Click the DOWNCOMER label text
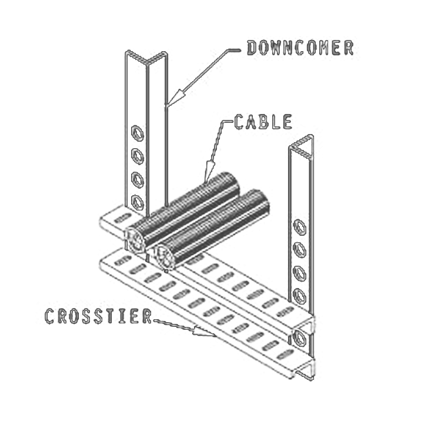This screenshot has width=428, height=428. pos(300,48)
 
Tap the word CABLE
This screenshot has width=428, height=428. pos(263,122)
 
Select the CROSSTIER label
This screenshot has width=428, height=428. pos(98,316)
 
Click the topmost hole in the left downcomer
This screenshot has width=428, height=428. pos(138,133)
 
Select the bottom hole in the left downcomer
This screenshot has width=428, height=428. pos(138,203)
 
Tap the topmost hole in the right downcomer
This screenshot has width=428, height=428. pos(299,227)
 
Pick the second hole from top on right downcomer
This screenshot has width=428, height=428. pos(299,250)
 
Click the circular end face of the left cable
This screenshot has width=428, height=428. pos(135,241)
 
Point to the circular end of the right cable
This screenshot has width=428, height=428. pos(165,257)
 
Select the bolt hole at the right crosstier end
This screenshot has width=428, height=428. pos(299,337)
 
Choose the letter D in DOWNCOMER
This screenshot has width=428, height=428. pos(253,48)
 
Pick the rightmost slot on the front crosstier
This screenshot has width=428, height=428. pos(285,356)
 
